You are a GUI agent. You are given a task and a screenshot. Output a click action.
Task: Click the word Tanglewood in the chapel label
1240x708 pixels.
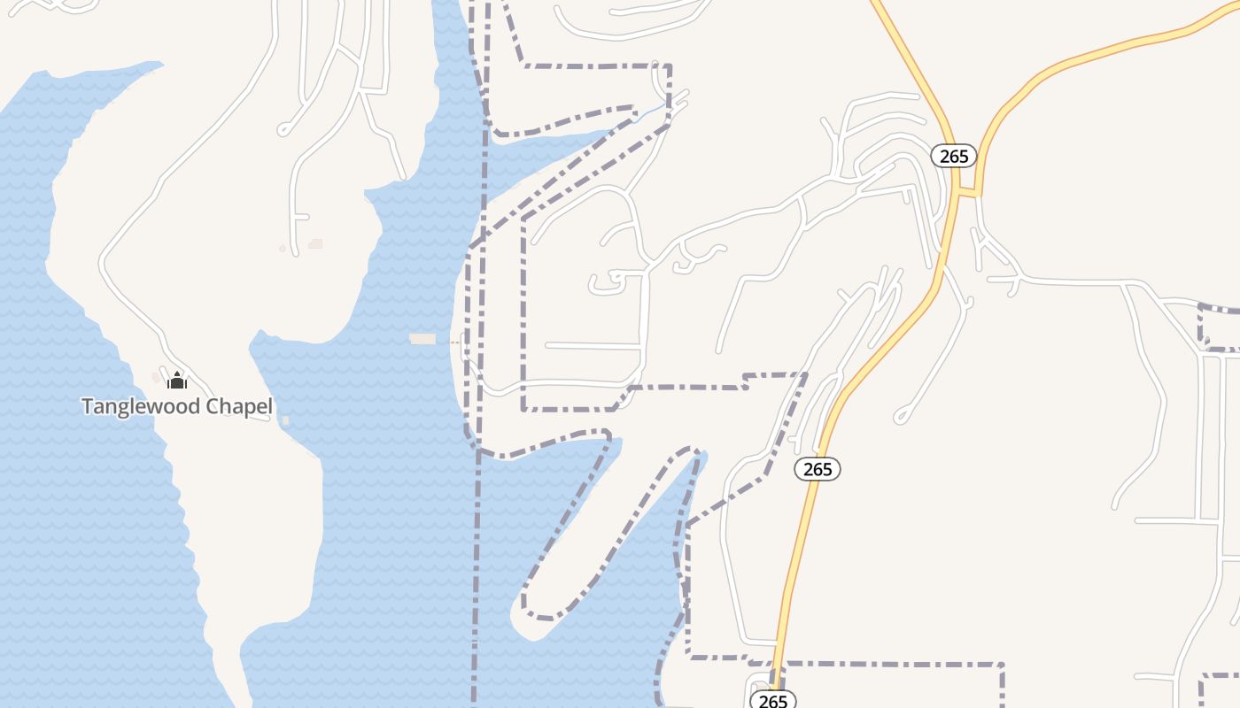tap(141, 406)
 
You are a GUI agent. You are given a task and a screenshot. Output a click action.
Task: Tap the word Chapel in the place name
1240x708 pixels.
tap(239, 406)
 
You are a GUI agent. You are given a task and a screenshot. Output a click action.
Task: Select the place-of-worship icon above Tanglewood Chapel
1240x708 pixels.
tap(177, 381)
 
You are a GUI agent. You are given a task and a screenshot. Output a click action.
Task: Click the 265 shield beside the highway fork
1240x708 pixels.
tap(953, 156)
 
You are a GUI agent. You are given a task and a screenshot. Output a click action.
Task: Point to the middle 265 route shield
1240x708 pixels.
tap(817, 469)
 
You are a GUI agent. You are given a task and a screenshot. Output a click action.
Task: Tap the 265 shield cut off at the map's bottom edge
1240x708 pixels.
tap(772, 700)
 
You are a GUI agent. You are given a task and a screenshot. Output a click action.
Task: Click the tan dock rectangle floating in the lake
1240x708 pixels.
tap(422, 339)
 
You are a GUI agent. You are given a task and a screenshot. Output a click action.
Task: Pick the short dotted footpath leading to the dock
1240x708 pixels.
tap(455, 341)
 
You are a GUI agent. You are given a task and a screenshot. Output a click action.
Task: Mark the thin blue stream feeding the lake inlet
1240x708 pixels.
tap(651, 112)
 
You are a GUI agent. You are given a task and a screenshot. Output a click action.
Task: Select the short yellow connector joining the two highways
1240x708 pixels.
tap(967, 192)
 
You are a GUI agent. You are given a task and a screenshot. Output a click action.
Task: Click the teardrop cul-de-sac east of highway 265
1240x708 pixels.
tap(902, 415)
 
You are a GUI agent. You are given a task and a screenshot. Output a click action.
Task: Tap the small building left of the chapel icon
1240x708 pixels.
tap(157, 379)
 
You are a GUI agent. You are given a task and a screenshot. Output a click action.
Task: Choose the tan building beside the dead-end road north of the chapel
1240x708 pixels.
tap(315, 243)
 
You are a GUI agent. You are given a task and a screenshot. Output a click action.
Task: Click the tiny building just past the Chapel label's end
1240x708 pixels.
tap(285, 419)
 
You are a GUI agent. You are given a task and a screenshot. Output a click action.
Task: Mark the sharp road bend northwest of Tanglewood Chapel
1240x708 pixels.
tap(103, 260)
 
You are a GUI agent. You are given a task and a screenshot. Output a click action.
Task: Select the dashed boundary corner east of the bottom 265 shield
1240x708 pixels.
tap(1002, 664)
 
